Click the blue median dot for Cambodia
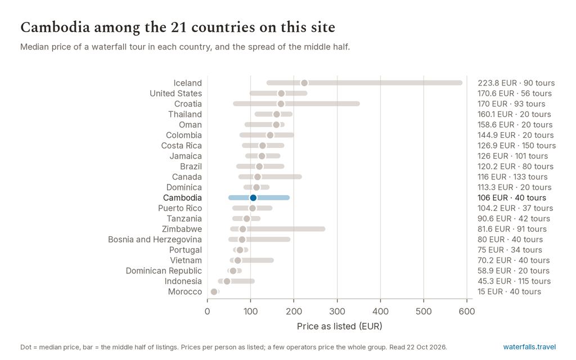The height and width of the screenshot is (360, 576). pos(253,197)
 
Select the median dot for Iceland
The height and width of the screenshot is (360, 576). pos(304,83)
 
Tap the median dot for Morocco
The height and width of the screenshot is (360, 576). pos(214,292)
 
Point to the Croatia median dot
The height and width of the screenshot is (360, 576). pos(281,104)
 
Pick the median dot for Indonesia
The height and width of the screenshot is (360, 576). pos(227,281)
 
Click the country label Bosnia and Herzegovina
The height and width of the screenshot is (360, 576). pos(155,240)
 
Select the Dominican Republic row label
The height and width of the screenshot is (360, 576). pos(164,271)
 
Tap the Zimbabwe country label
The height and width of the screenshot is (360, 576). pos(182,229)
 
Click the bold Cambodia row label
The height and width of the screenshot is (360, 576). pos(182,197)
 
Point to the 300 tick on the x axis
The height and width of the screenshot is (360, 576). pos(337,312)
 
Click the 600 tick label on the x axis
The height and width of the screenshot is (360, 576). pos(467,312)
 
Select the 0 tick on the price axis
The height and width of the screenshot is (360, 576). pos(207,312)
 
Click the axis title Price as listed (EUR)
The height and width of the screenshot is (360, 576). pos(339,326)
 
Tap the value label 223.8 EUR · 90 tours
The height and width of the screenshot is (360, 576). pos(516,83)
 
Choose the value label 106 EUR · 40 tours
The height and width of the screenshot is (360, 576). pos(512,197)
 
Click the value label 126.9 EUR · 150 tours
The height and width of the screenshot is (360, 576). pos(516,146)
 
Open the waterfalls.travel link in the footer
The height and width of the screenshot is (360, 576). pos(529,346)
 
